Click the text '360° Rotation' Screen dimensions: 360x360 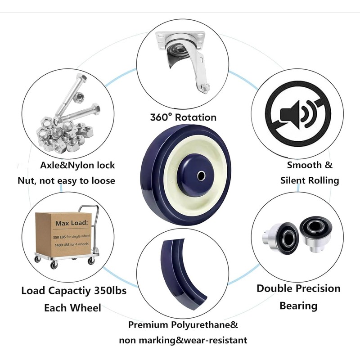(x=183, y=117)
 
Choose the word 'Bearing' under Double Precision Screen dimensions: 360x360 (x=298, y=306)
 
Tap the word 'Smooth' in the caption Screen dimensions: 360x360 (x=304, y=165)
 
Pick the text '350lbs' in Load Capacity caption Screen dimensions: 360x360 (x=110, y=290)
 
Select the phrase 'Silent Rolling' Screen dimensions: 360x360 (x=310, y=180)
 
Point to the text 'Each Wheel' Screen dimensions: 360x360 (x=72, y=308)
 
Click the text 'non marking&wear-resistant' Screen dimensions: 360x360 (x=183, y=340)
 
